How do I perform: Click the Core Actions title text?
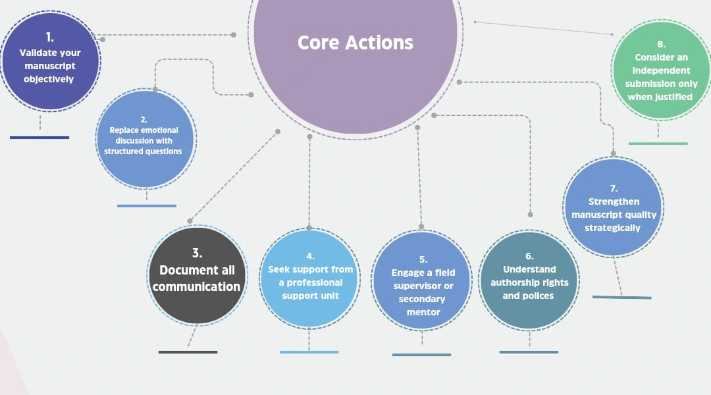(x=355, y=43)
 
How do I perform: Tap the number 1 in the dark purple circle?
(x=50, y=37)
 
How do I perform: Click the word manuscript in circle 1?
(x=50, y=66)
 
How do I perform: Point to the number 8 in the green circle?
(x=661, y=44)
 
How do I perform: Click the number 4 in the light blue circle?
(x=310, y=256)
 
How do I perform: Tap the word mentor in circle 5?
(x=423, y=312)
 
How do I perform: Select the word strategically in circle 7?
(x=612, y=228)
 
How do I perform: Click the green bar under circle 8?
(x=658, y=143)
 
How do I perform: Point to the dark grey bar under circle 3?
(x=188, y=352)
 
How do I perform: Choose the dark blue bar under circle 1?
(x=39, y=138)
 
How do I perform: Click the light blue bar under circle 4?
(x=309, y=352)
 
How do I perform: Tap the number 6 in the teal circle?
(x=529, y=256)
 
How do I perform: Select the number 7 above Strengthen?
(x=614, y=188)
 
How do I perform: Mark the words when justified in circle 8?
(x=660, y=97)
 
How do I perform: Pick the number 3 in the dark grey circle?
(x=197, y=253)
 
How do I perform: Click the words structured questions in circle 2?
(x=143, y=151)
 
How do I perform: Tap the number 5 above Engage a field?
(x=423, y=259)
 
